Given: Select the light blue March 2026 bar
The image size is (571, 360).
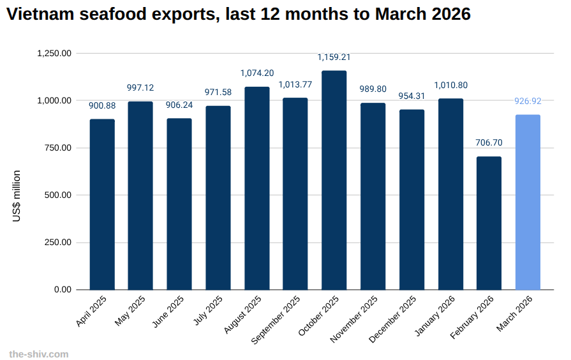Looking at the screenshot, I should click(x=528, y=202).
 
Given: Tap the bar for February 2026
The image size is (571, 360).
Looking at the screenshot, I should click(x=489, y=223).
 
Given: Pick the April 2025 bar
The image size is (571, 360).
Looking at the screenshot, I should click(x=102, y=204).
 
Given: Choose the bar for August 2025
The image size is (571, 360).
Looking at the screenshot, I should click(x=256, y=188).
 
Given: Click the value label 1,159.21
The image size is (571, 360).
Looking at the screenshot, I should click(x=334, y=57).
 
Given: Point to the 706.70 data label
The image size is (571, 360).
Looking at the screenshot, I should click(x=489, y=142).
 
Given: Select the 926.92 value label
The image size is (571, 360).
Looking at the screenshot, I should click(x=528, y=101).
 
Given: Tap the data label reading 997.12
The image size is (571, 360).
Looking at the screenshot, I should click(x=140, y=87).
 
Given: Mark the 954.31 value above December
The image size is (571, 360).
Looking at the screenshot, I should click(x=412, y=96).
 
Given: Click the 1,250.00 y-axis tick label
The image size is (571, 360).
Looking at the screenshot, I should click(x=54, y=54).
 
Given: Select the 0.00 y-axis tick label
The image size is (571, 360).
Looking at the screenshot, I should click(x=63, y=290).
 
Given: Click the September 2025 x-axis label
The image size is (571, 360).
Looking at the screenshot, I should click(x=276, y=319).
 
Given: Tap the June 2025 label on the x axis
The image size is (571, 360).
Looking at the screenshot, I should click(x=169, y=311).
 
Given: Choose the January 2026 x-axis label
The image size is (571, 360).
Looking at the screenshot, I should click(x=436, y=315).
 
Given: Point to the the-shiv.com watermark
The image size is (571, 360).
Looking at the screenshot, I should click(x=38, y=354).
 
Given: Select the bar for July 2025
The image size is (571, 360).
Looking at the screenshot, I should click(x=218, y=198).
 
